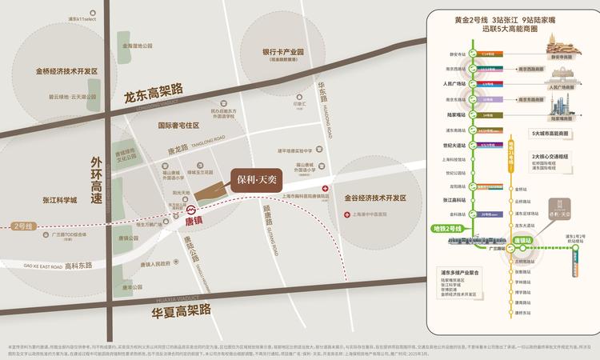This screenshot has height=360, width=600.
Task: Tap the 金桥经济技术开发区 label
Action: [x=66, y=71]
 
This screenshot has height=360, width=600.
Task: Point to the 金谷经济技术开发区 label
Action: [x=376, y=197]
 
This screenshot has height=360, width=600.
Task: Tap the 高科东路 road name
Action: [x=78, y=266]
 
